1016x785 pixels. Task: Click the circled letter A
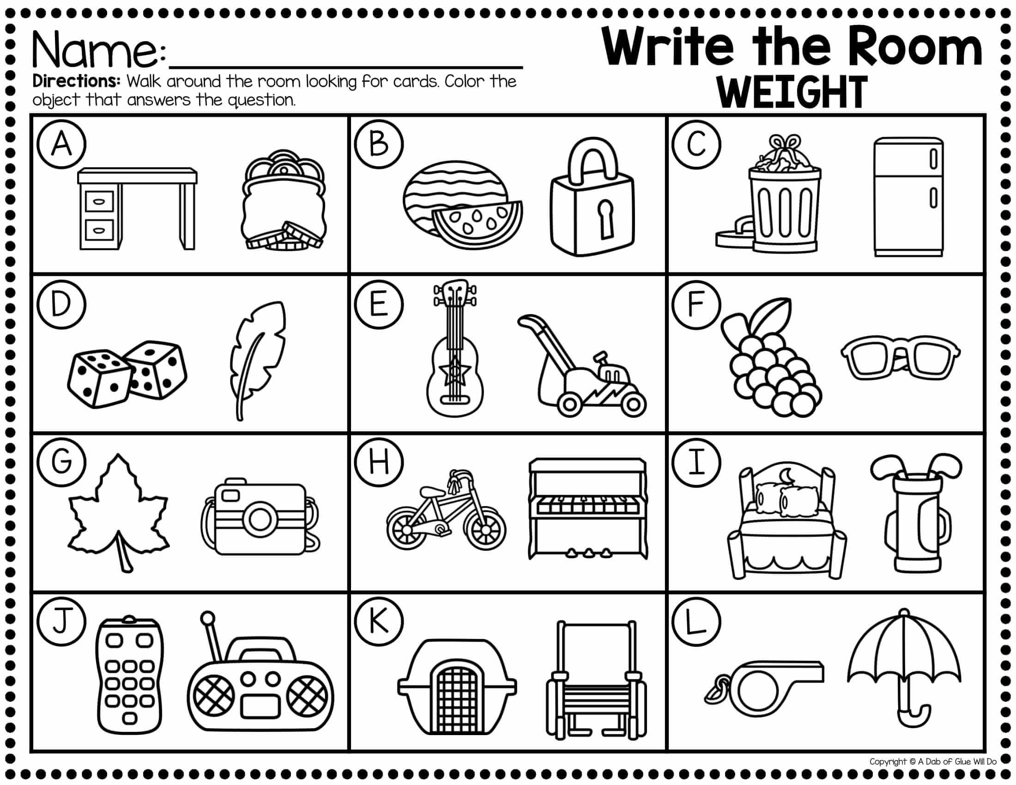pos(61,144)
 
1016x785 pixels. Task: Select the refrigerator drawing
pos(908,197)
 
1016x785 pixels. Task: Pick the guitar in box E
pos(454,347)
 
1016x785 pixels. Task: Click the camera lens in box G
pos(259,519)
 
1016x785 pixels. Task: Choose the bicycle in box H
pos(446,510)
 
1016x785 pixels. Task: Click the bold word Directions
pos(77,81)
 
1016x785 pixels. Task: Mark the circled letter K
pos(379,621)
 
